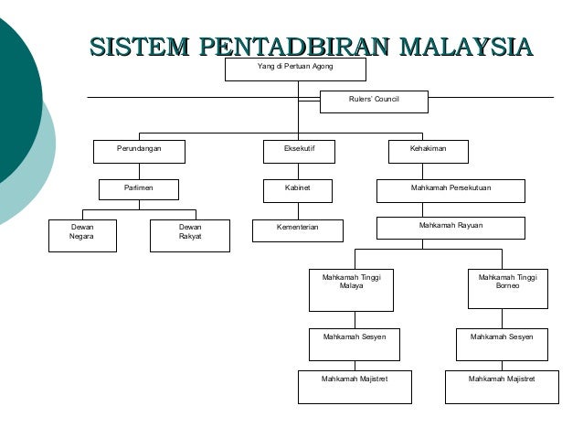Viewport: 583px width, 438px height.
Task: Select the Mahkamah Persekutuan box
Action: pos(450,189)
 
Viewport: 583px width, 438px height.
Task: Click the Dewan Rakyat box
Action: pos(190,233)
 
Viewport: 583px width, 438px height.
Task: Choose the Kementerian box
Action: pos(298,227)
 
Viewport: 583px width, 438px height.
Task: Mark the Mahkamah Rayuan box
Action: pos(450,227)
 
